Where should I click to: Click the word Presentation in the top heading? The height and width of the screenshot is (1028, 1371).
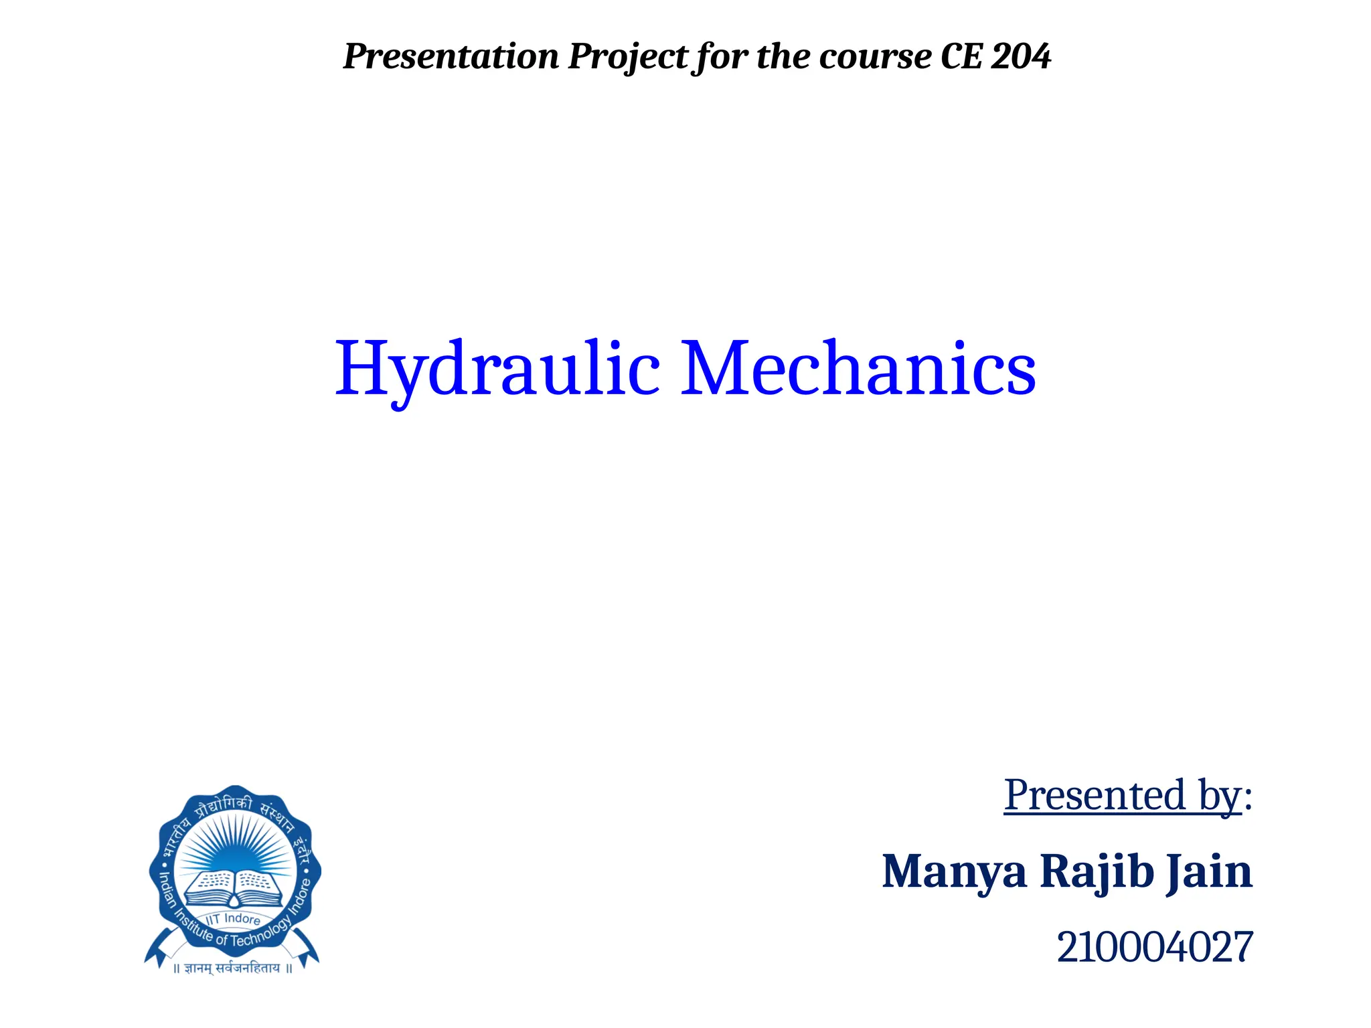tap(451, 56)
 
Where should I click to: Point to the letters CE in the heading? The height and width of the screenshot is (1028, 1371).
tap(961, 56)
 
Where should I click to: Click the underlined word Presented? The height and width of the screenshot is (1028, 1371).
tap(1095, 796)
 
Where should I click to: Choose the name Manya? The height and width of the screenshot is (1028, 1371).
tap(954, 872)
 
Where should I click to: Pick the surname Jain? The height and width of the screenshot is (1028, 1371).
tap(1209, 872)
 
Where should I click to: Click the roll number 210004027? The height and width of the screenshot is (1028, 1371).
tap(1154, 948)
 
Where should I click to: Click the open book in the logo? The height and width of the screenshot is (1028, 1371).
tap(234, 887)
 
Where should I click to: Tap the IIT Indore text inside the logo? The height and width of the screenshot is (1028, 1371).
tap(234, 919)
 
